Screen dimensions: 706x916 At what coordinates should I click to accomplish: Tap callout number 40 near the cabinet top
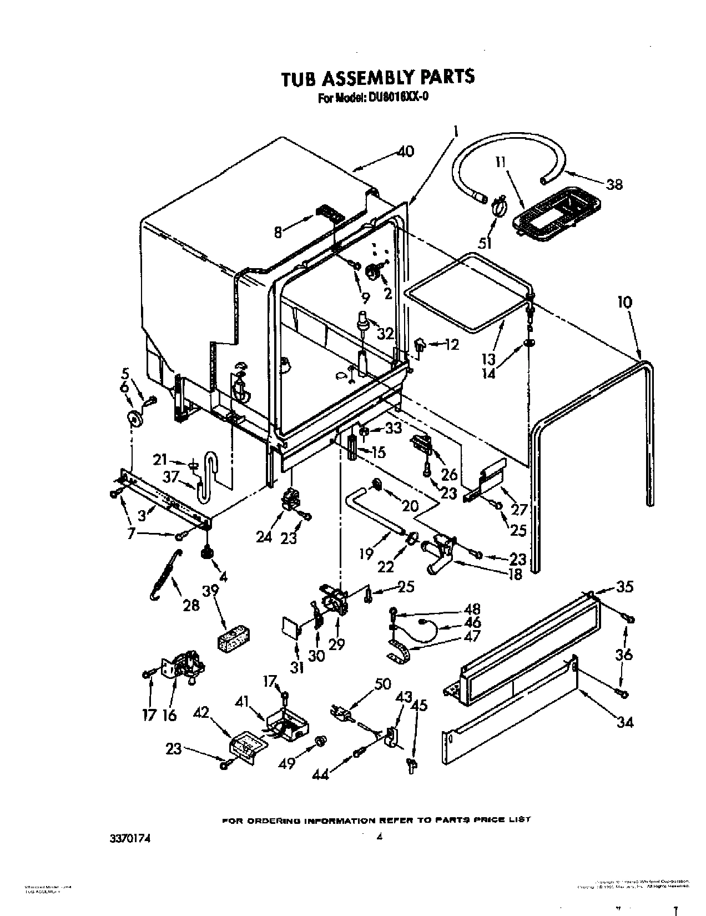tap(406, 151)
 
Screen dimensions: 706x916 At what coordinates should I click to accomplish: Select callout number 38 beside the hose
tap(614, 184)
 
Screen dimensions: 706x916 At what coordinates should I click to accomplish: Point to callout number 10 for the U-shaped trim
tap(624, 303)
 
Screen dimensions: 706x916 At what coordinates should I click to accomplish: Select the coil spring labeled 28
tap(164, 572)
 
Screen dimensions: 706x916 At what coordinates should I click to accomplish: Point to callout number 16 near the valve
tap(169, 715)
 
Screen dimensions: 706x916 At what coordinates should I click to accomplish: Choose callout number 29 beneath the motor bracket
tap(336, 643)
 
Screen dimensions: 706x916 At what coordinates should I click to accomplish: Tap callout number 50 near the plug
tap(383, 683)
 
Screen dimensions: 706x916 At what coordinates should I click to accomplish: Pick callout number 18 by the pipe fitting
tap(515, 574)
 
